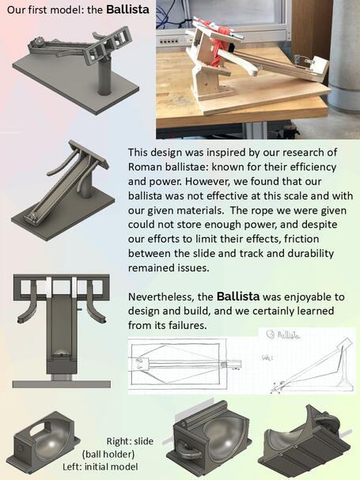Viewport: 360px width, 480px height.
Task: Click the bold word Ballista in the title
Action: [127, 9]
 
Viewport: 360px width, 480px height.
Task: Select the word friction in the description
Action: [301, 239]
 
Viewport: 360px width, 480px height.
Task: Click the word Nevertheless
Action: [161, 297]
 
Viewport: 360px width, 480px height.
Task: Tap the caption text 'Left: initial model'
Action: [100, 467]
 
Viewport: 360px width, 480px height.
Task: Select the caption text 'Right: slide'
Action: [130, 441]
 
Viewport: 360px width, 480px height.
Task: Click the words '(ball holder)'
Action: [108, 454]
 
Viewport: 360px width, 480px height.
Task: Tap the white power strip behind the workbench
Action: [168, 40]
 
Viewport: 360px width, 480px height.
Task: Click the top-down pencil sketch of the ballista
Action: [185, 365]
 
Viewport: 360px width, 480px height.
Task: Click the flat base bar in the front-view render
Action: [61, 384]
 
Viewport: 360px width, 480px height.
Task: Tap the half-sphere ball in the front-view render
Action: [61, 354]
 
